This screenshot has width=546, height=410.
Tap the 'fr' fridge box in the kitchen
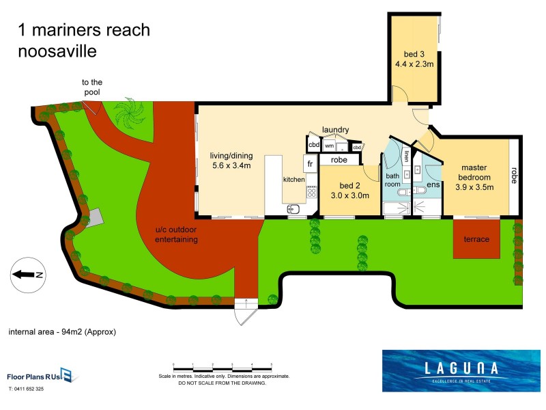pos(309,164)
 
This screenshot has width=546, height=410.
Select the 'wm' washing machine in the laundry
pos(329,146)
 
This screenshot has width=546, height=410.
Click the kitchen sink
pos(294,208)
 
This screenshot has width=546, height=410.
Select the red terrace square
pos(476,240)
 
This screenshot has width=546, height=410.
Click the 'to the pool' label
pos(92,87)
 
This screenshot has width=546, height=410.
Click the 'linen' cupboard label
pos(406,156)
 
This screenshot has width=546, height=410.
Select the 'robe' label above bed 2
pos(339,160)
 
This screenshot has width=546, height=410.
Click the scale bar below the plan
pos(223,368)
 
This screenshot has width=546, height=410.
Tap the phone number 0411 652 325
pos(26,389)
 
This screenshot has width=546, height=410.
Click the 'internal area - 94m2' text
pos(62,332)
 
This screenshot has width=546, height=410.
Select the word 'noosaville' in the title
pos(57,51)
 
